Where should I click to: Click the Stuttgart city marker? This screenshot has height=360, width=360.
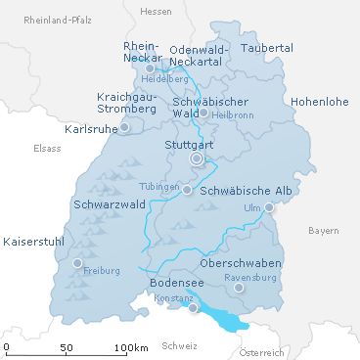pos(197,157)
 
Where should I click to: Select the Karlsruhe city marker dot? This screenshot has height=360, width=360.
pos(124,127)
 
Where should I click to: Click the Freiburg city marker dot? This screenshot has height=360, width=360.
pos(77,262)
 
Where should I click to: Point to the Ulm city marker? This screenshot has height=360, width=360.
pos(269,206)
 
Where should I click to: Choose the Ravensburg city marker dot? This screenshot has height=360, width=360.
pos(238,288)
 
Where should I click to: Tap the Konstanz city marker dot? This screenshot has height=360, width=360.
pos(193,307)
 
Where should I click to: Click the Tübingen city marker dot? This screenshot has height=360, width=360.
pos(187,190)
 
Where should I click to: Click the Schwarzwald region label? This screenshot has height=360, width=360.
pos(109,205)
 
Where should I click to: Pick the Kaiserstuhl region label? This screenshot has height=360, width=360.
pos(35,241)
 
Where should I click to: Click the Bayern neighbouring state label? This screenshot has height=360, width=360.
pos(323,231)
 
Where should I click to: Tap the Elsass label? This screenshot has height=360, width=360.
pos(47,149)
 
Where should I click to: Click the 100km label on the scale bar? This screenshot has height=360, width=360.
pos(130,347)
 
